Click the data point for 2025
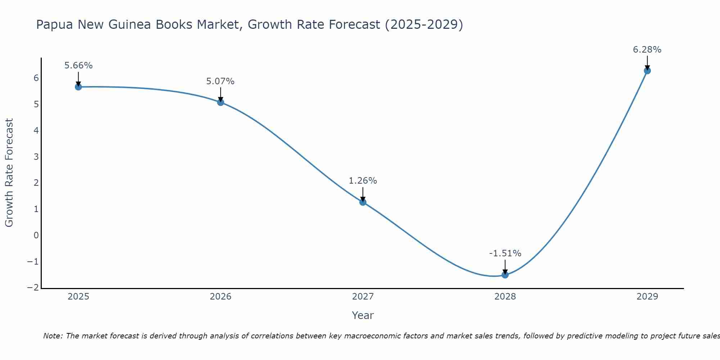tap(78, 87)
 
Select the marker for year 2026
tap(221, 102)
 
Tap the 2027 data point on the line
tap(363, 202)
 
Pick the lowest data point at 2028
tap(505, 275)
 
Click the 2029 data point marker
tap(647, 71)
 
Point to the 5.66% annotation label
tap(78, 66)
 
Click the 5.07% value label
tap(220, 81)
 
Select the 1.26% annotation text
tap(363, 181)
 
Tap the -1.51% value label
tap(505, 253)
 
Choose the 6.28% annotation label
tap(647, 50)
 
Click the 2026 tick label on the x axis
tap(221, 297)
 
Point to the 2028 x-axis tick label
tap(505, 297)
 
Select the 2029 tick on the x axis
tap(647, 297)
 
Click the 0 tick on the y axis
tap(36, 235)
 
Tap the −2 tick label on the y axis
tap(33, 288)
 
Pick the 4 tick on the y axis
tap(36, 130)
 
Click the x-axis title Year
tap(363, 315)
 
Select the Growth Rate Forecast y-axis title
tap(9, 173)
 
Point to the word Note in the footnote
tap(53, 336)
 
